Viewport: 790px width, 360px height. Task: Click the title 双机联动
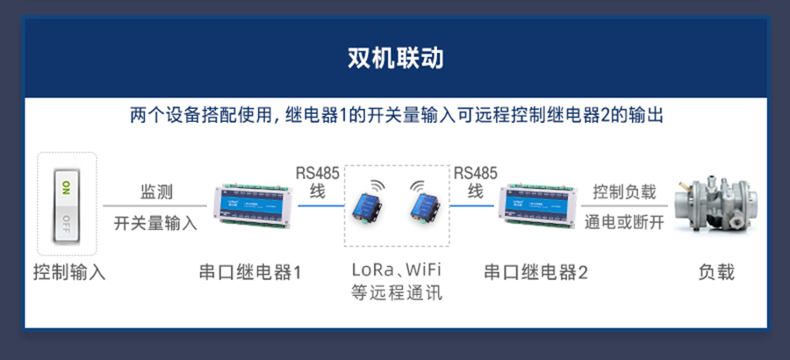(395, 59)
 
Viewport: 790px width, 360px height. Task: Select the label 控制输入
(68, 272)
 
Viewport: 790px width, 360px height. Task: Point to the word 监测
(155, 191)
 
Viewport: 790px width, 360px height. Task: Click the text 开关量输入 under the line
(155, 223)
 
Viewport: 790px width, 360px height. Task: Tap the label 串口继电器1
(249, 272)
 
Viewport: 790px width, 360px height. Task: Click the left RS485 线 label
(317, 181)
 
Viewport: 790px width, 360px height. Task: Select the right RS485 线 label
(476, 181)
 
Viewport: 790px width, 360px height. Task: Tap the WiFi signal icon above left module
(376, 187)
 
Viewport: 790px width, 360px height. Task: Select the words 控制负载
(624, 191)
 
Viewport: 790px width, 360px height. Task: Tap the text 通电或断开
(624, 223)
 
